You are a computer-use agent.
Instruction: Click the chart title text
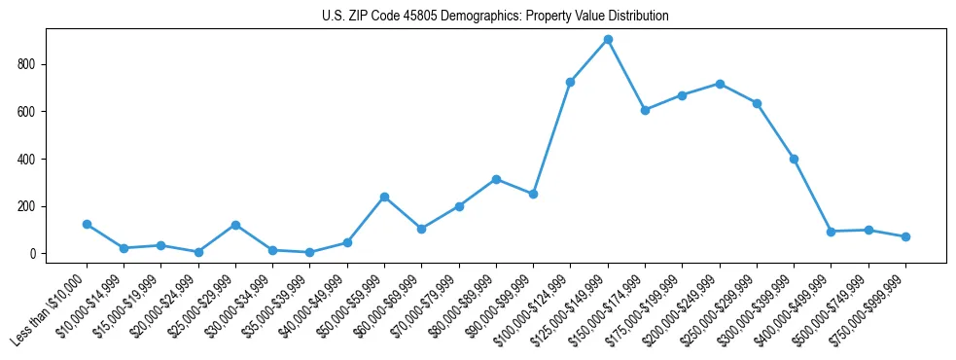click(x=495, y=17)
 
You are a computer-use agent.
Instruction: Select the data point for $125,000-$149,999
click(x=608, y=40)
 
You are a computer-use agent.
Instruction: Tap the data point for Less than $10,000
click(x=87, y=225)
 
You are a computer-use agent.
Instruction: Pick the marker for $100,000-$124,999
click(x=570, y=82)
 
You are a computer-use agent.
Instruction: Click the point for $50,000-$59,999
click(x=384, y=197)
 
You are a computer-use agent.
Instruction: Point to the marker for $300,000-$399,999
click(x=794, y=159)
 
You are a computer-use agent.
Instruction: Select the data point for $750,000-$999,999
click(x=905, y=236)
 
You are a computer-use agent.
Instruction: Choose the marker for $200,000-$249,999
click(x=720, y=84)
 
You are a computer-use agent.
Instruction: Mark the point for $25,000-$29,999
click(x=235, y=225)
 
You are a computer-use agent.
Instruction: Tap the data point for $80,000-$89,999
click(x=496, y=179)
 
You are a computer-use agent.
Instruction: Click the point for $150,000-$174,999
click(x=645, y=110)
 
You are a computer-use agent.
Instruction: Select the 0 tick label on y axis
click(x=33, y=254)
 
